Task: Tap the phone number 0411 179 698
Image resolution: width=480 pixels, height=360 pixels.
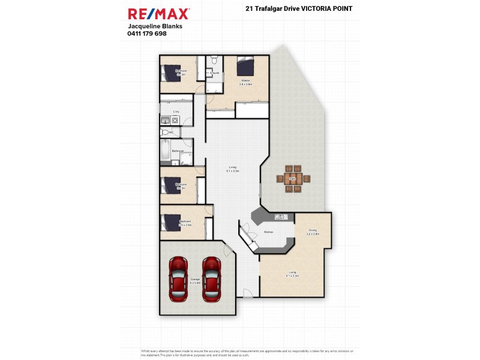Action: tap(147, 34)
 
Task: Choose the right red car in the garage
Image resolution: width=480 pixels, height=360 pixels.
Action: tap(211, 280)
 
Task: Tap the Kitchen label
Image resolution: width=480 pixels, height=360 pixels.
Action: tap(269, 232)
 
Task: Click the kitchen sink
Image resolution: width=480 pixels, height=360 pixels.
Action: tap(279, 217)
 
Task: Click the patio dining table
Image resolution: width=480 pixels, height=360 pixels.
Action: tap(293, 178)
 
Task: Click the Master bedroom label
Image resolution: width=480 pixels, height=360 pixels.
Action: tap(245, 80)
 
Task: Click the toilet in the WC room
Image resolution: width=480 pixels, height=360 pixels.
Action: tap(164, 132)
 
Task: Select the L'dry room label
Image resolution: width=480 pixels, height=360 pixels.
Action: tap(176, 112)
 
